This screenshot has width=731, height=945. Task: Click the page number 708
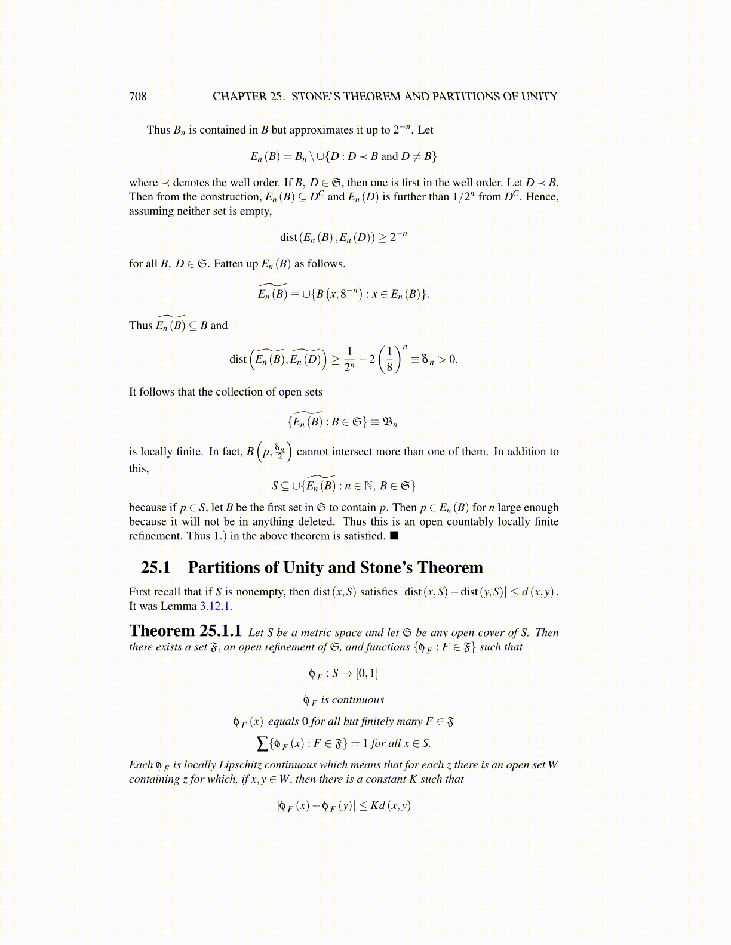click(x=137, y=97)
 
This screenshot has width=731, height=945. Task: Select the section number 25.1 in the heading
click(x=155, y=567)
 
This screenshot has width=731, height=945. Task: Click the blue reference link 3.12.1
click(x=215, y=606)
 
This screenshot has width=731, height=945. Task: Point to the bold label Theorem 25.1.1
click(x=185, y=631)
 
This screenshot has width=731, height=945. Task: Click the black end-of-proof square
click(x=394, y=535)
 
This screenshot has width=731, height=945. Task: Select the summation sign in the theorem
click(x=262, y=743)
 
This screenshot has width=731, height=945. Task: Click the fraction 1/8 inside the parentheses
click(x=389, y=359)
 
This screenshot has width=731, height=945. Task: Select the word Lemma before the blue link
click(x=179, y=606)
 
